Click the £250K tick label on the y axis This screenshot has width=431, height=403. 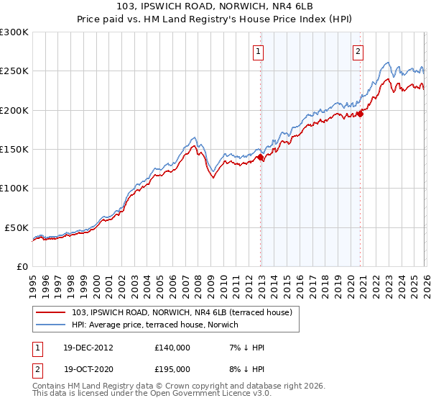14,71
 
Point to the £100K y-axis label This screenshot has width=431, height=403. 14,188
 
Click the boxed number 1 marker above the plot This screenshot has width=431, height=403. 258,50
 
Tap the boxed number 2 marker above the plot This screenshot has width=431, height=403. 358,50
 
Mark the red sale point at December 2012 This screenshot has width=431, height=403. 260,158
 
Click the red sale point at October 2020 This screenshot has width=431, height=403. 361,114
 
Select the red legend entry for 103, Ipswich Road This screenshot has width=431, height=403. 182,312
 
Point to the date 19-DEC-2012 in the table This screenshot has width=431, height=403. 88,348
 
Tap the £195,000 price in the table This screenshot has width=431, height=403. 172,369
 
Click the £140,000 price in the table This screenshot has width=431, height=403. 172,348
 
